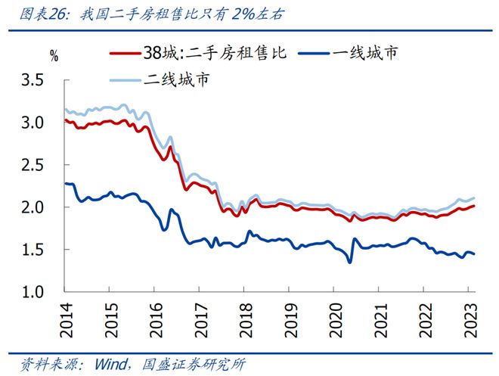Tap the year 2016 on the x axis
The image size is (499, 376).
[154, 317]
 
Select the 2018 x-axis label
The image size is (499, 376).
[243, 317]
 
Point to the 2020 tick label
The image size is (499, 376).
[333, 317]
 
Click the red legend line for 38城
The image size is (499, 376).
[126, 53]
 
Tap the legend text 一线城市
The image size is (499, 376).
[367, 53]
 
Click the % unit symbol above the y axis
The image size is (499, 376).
[54, 54]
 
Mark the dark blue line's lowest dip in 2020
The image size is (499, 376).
[350, 262]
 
